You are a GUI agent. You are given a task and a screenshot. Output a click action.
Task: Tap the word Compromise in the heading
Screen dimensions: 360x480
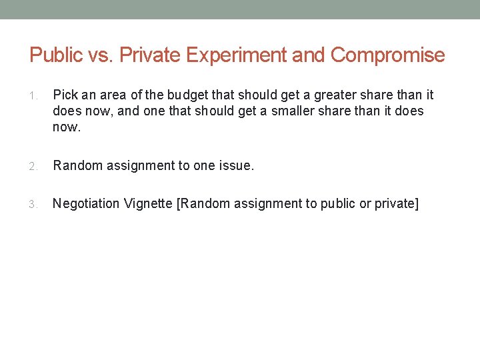387,55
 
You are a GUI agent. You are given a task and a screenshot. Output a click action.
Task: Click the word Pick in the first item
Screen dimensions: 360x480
65,95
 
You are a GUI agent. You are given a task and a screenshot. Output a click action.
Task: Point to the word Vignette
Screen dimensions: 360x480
149,203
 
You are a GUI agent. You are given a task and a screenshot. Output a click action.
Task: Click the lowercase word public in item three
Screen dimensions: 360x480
338,203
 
